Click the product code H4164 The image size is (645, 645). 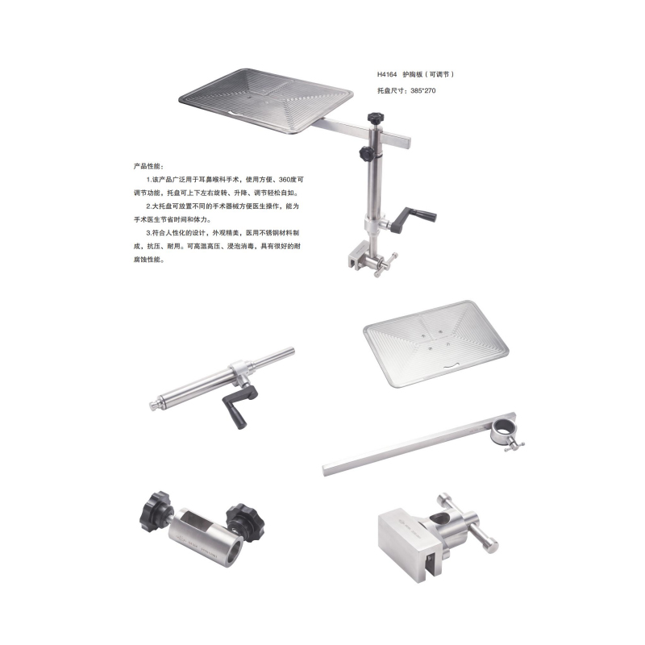pos(387,74)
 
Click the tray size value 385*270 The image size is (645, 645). pos(422,90)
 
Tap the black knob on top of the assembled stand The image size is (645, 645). pos(375,119)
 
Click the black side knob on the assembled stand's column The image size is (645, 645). pos(366,153)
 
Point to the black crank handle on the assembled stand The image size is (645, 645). pos(413,218)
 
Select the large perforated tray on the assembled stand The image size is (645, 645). pos(266,101)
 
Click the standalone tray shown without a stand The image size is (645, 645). pos(436,343)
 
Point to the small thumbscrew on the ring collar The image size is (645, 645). pos(514,446)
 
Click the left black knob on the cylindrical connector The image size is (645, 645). pos(156,512)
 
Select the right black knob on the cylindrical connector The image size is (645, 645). pos(245,522)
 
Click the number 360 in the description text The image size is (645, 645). pos(285,180)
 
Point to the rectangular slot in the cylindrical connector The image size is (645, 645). pos(198,520)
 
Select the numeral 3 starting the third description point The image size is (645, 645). pos(148,233)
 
